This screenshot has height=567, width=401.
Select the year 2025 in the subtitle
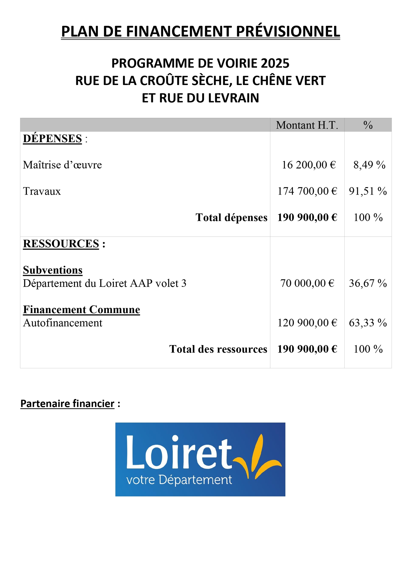[275, 63]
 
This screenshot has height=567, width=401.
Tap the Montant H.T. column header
[307, 125]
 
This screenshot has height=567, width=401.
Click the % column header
[368, 125]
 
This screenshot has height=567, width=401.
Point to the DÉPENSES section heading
[52, 139]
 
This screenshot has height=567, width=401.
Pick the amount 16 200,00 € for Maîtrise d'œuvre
[309, 165]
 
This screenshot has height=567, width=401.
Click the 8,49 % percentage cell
[369, 165]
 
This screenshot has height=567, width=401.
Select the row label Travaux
[42, 191]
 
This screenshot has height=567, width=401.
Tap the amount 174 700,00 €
[307, 191]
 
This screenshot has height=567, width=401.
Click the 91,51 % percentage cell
[368, 191]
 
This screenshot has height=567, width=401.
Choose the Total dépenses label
[231, 217]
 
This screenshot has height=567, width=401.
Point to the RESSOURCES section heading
[61, 244]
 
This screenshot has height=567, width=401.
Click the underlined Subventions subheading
[53, 270]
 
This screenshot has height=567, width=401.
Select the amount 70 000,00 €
[307, 283]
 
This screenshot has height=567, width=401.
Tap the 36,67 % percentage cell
[368, 283]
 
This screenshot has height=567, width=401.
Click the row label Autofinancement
[63, 323]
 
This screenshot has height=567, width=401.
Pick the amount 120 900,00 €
[307, 323]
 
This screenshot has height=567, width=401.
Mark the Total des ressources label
[218, 349]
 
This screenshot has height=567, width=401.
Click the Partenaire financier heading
[67, 404]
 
